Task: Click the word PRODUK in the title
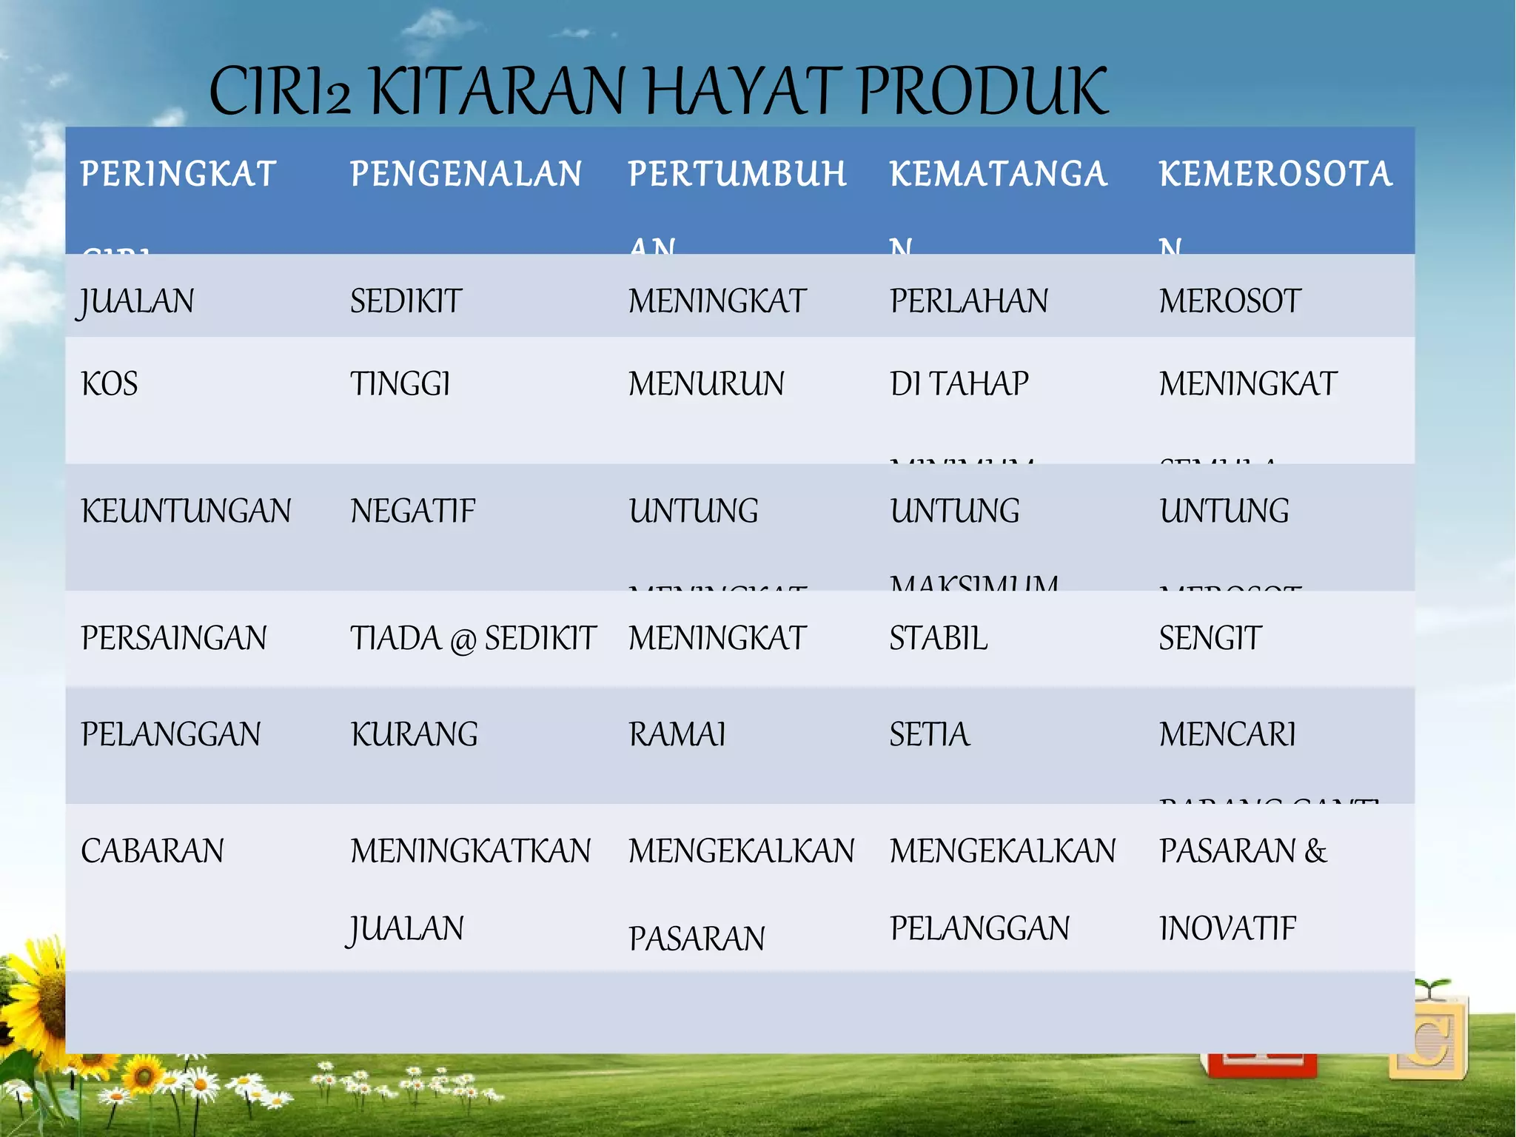(x=983, y=92)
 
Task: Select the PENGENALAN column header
(x=466, y=175)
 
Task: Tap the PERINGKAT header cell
(x=178, y=175)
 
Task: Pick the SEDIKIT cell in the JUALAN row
(x=406, y=301)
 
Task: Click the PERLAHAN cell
(x=968, y=301)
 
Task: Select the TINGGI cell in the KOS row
(x=400, y=384)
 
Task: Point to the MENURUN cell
(x=706, y=384)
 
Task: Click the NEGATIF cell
(x=412, y=512)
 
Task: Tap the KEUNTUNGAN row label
(x=186, y=512)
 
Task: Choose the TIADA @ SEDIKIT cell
(x=472, y=638)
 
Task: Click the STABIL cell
(x=938, y=638)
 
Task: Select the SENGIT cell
(x=1210, y=638)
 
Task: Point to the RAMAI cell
(x=677, y=734)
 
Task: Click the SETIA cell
(x=929, y=734)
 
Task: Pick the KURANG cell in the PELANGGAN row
(x=414, y=734)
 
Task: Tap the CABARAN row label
(x=152, y=851)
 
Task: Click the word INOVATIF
(x=1227, y=928)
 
